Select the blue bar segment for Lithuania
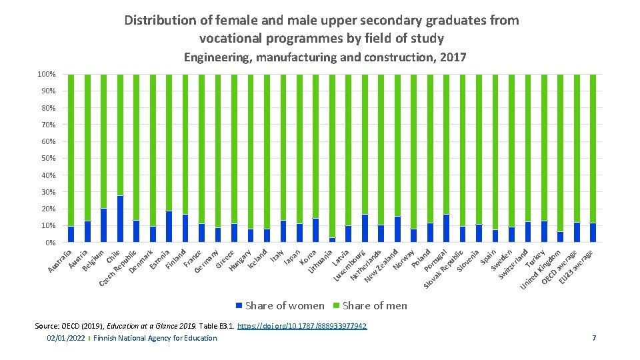pyautogui.click(x=332, y=239)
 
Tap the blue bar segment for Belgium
pyautogui.click(x=103, y=225)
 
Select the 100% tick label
pyautogui.click(x=46, y=74)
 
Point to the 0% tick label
pyautogui.click(x=49, y=243)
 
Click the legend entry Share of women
pyautogui.click(x=279, y=305)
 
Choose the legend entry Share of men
pyautogui.click(x=374, y=305)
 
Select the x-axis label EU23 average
pyautogui.click(x=576, y=267)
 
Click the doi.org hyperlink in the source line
pyautogui.click(x=302, y=326)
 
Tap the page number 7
pyautogui.click(x=593, y=338)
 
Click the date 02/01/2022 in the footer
pyautogui.click(x=66, y=338)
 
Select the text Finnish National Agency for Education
pyautogui.click(x=155, y=338)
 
